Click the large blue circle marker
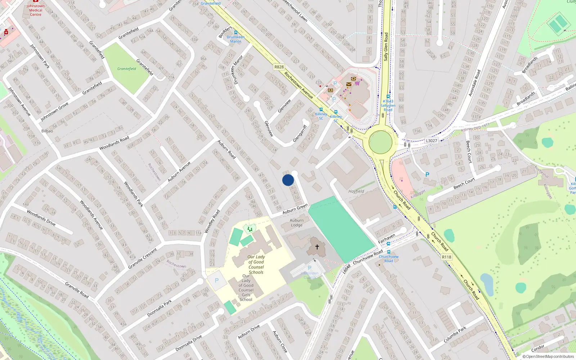(x=288, y=180)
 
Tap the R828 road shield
(x=279, y=67)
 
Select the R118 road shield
(x=446, y=257)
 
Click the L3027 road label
(x=431, y=141)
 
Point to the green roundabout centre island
(x=381, y=142)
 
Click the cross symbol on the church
(x=317, y=247)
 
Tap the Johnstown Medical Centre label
(x=36, y=10)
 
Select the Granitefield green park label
(x=127, y=69)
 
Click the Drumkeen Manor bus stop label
(x=236, y=39)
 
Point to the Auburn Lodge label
(x=297, y=222)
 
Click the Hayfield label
(x=356, y=192)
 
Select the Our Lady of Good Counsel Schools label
(x=256, y=265)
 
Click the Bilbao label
(x=47, y=131)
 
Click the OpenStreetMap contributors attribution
(x=548, y=356)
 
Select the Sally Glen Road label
(x=386, y=47)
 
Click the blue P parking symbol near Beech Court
(x=427, y=175)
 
